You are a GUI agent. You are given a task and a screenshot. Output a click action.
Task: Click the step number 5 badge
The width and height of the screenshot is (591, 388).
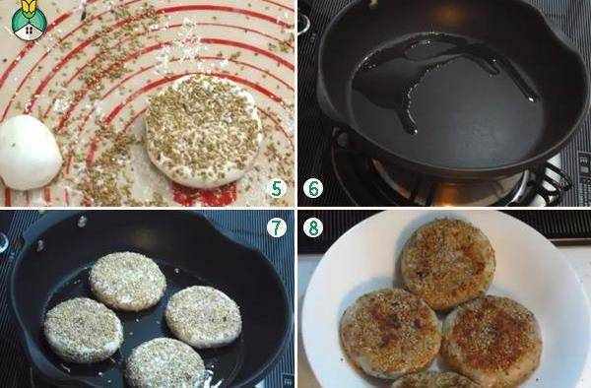pyautogui.click(x=276, y=188)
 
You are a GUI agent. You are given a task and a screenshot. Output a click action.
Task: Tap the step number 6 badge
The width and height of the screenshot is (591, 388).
pyautogui.click(x=313, y=188)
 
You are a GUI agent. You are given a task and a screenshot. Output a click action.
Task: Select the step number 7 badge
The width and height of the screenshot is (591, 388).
pyautogui.click(x=276, y=227)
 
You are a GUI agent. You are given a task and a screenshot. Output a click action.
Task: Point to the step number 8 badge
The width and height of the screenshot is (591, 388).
pyautogui.click(x=313, y=227)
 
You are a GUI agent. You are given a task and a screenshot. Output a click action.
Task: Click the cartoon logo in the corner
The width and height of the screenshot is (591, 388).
pyautogui.click(x=29, y=20)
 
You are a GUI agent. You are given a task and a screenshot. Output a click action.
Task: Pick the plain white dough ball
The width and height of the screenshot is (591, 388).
pyautogui.click(x=30, y=152)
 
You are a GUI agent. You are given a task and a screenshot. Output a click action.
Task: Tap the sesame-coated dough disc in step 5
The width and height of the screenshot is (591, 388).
pyautogui.click(x=204, y=131)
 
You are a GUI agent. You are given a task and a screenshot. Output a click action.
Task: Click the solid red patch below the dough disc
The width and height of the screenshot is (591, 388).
pyautogui.click(x=205, y=194)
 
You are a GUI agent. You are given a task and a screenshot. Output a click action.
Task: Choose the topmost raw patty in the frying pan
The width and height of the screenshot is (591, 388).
pyautogui.click(x=128, y=281)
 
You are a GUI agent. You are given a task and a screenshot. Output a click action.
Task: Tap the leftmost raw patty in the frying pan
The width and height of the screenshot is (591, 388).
pyautogui.click(x=84, y=330)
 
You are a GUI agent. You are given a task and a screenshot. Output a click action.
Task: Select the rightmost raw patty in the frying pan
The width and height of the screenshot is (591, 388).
pyautogui.click(x=203, y=316)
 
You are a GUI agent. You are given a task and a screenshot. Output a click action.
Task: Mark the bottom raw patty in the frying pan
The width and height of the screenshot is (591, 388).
pyautogui.click(x=164, y=363)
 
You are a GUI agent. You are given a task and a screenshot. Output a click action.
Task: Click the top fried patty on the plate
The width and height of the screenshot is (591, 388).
pyautogui.click(x=447, y=264)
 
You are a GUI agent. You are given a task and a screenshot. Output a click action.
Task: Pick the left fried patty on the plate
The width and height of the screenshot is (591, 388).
pyautogui.click(x=390, y=334)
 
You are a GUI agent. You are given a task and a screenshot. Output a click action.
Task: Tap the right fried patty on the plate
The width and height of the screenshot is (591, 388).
pyautogui.click(x=492, y=341)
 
